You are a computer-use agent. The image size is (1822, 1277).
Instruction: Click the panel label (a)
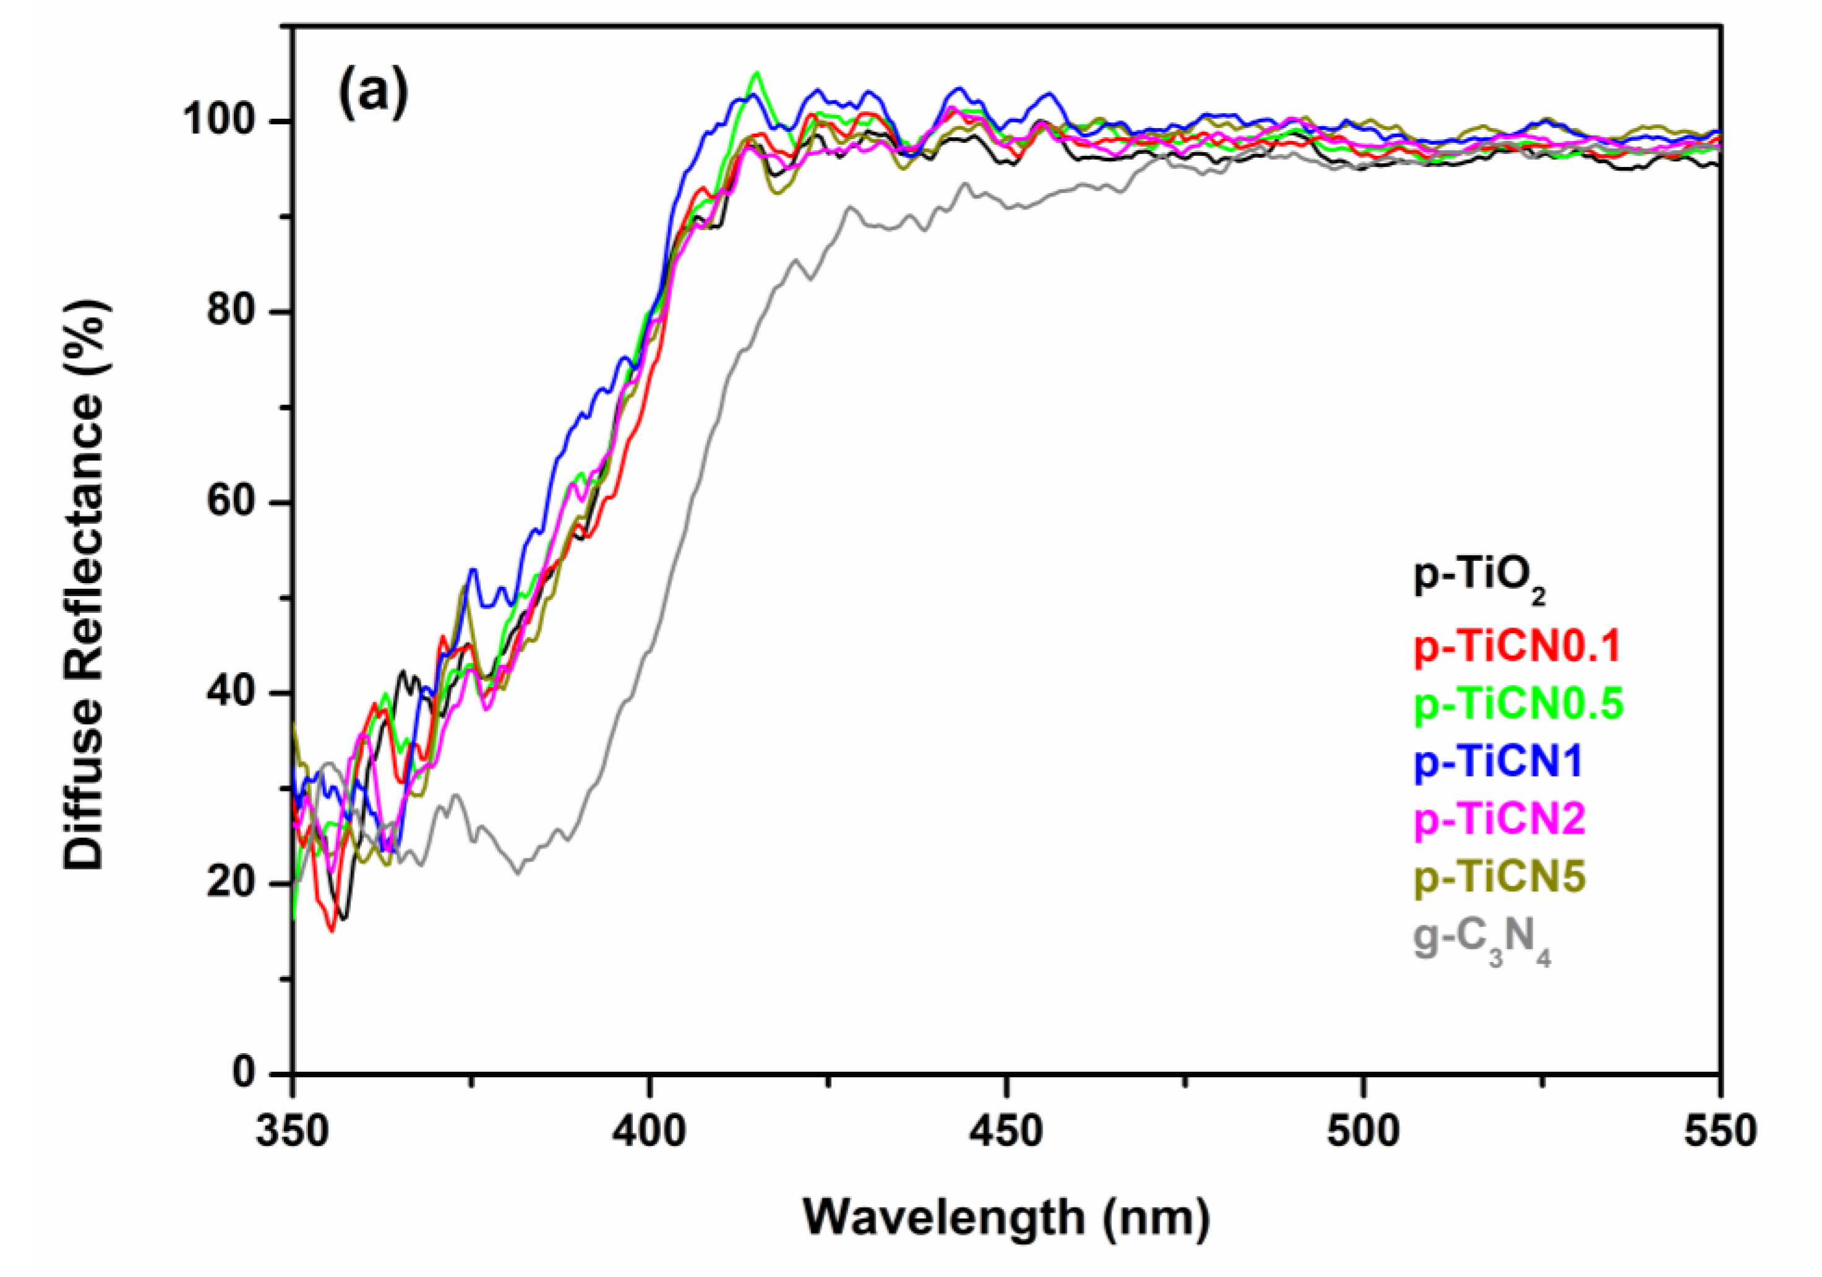(x=373, y=93)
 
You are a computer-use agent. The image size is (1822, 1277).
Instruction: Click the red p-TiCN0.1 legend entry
(x=1516, y=646)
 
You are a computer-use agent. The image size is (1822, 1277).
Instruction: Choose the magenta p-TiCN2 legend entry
(x=1500, y=818)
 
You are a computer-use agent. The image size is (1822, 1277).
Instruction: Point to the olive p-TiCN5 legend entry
(x=1500, y=876)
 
